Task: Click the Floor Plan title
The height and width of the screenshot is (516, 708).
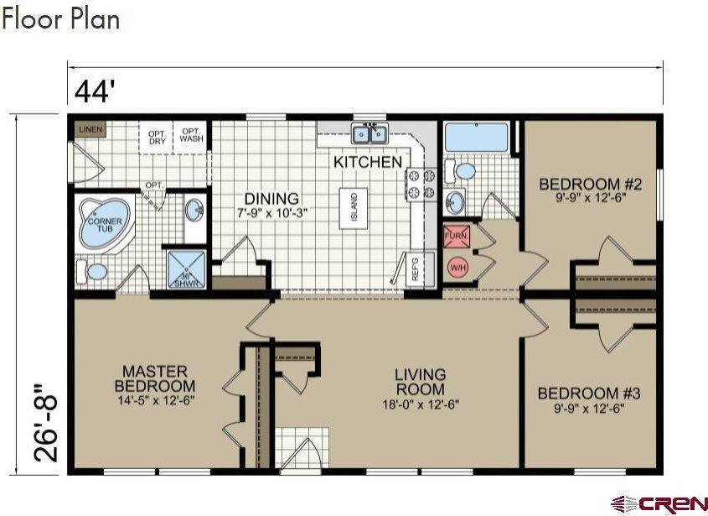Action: [60, 19]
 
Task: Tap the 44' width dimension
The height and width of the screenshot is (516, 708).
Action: [92, 91]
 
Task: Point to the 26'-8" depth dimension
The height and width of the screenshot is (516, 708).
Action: [45, 423]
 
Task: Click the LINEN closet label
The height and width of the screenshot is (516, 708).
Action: [90, 130]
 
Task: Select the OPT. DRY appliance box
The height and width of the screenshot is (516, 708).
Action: [157, 138]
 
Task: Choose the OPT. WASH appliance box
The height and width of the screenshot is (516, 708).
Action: [190, 137]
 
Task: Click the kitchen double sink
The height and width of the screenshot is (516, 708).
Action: [370, 134]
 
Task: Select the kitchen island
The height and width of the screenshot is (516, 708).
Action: [354, 208]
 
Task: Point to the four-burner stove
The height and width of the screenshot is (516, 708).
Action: [421, 184]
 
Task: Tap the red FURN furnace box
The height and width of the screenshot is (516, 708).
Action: [456, 236]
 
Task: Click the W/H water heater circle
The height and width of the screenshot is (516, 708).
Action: [457, 268]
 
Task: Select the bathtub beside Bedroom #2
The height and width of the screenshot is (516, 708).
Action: [477, 138]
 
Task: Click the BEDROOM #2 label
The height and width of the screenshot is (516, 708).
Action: [590, 184]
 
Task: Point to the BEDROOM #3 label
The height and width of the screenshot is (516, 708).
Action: [589, 393]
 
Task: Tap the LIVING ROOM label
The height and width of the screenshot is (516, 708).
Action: [421, 382]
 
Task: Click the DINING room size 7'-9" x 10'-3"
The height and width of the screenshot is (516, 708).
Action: [272, 213]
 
